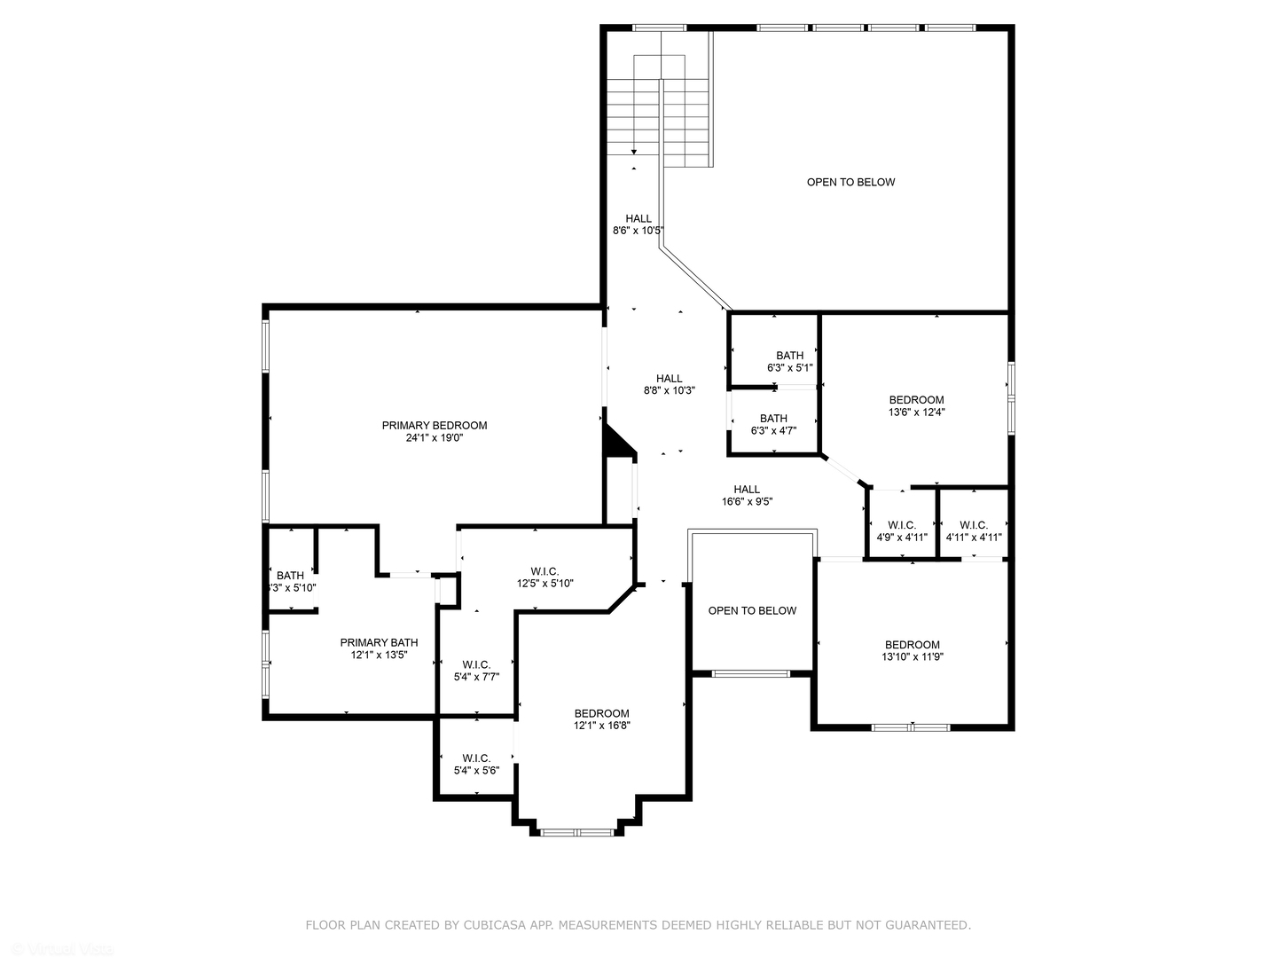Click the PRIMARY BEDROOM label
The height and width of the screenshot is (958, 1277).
pyautogui.click(x=435, y=425)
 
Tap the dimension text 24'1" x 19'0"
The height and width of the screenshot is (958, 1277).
pyautogui.click(x=435, y=437)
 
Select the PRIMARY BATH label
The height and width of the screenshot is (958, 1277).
pyautogui.click(x=379, y=642)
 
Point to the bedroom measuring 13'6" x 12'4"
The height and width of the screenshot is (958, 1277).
pyautogui.click(x=916, y=405)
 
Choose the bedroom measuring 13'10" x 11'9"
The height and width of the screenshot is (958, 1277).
pyautogui.click(x=912, y=651)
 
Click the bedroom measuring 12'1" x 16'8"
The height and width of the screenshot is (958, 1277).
pyautogui.click(x=601, y=719)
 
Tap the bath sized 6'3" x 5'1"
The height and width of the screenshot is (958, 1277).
pyautogui.click(x=789, y=361)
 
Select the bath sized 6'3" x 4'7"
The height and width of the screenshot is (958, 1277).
pyautogui.click(x=773, y=424)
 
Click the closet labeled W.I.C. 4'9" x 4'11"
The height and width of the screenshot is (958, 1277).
pyautogui.click(x=902, y=530)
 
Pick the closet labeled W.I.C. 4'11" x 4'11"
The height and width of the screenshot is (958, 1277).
pyautogui.click(x=973, y=530)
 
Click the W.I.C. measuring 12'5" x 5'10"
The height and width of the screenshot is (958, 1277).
pyautogui.click(x=544, y=577)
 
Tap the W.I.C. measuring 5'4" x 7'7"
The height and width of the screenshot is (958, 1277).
pyautogui.click(x=476, y=671)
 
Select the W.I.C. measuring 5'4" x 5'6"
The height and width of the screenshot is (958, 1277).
pyautogui.click(x=476, y=764)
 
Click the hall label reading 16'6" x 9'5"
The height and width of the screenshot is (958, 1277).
pyautogui.click(x=747, y=495)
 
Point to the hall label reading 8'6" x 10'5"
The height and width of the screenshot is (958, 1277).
pyautogui.click(x=638, y=224)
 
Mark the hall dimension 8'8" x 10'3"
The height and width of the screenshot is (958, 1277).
pyautogui.click(x=669, y=390)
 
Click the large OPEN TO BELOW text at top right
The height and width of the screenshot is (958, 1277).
pyautogui.click(x=850, y=182)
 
